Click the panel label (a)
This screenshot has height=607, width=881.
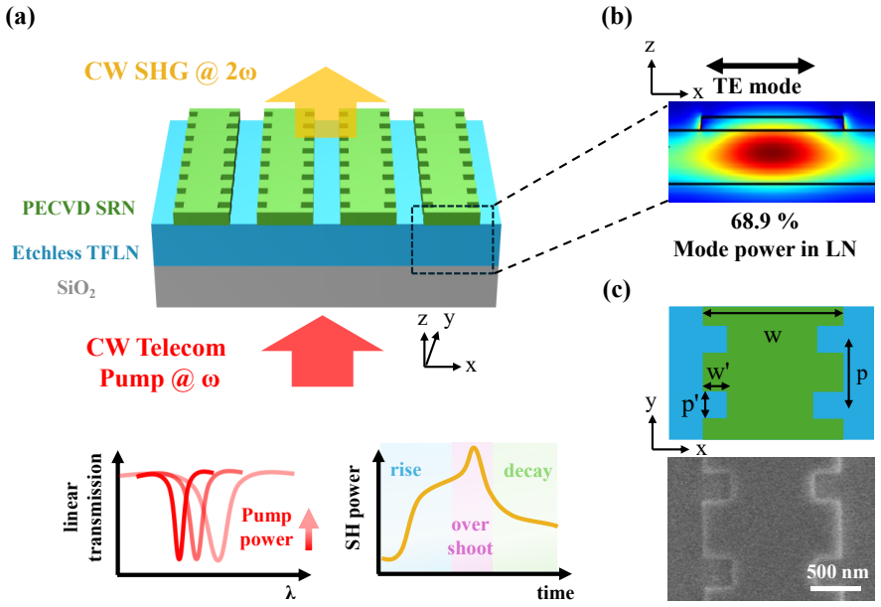[x=20, y=18]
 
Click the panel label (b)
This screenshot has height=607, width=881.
[x=617, y=18]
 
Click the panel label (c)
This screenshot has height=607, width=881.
[x=616, y=290]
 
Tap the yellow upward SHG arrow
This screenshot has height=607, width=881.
[x=326, y=102]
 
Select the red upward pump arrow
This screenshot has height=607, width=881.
[x=323, y=352]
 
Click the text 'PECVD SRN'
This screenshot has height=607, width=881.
[x=78, y=208]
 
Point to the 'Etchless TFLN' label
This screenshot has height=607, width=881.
[x=75, y=253]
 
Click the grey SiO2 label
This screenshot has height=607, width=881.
[x=75, y=288]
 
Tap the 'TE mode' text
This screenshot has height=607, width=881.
[x=757, y=86]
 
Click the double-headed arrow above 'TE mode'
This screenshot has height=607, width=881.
[x=759, y=66]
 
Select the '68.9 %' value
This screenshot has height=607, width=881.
[x=764, y=222]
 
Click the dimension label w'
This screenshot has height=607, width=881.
[x=717, y=373]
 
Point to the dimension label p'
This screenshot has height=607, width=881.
[x=690, y=405]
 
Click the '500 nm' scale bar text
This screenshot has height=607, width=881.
[x=837, y=572]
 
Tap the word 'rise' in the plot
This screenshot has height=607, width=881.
[x=405, y=470]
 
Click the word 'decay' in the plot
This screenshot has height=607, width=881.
[x=527, y=471]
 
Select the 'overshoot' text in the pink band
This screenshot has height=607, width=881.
[x=470, y=536]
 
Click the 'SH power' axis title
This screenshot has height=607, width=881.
[x=353, y=508]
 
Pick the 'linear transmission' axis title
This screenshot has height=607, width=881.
[x=84, y=508]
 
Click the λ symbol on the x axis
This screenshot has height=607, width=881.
[x=290, y=592]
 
